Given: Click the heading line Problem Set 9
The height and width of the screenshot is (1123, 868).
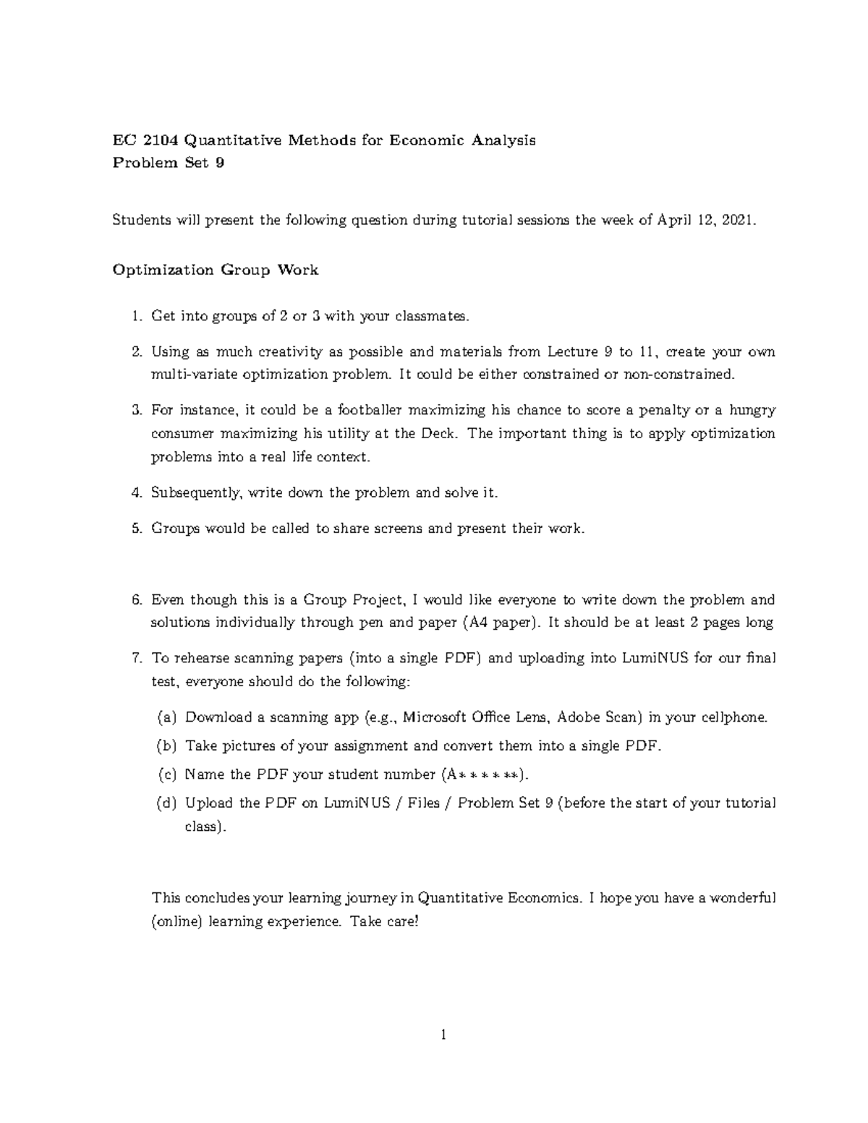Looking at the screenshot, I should [x=169, y=163].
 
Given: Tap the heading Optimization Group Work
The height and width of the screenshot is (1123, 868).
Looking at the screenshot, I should [x=215, y=270].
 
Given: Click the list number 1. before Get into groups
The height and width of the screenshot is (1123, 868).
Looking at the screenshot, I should [x=137, y=316].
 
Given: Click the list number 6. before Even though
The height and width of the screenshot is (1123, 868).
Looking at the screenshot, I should [x=137, y=600].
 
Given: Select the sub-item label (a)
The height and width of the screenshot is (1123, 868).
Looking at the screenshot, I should [x=166, y=717].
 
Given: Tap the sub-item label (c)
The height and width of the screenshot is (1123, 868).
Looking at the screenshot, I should [x=166, y=774].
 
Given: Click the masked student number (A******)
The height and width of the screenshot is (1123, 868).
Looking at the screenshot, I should [x=482, y=774].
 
